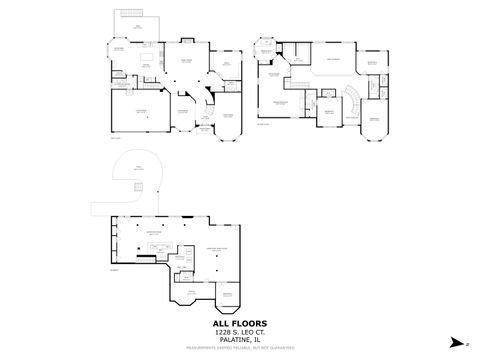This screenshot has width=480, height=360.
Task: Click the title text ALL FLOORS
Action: tap(240, 323)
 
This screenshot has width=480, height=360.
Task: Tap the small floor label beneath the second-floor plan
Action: tap(263, 124)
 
